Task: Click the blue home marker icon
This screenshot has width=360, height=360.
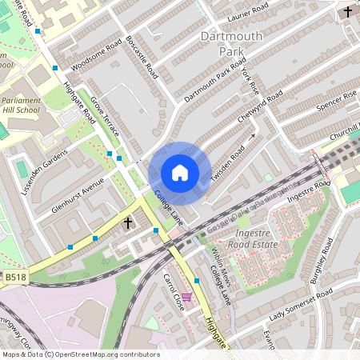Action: [x=180, y=173]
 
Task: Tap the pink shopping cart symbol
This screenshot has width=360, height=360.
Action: [x=186, y=298]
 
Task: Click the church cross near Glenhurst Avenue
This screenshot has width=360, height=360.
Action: [x=128, y=222]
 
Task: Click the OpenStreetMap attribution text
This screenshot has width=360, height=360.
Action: [x=80, y=354]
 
